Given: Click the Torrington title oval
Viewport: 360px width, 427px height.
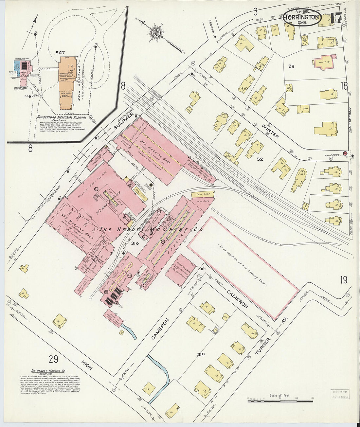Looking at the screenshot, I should [302, 18].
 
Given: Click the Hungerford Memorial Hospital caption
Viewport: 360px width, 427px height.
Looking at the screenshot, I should [62, 117].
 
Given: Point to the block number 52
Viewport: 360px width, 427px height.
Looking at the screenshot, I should [260, 159].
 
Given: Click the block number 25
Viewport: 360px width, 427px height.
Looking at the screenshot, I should [291, 66].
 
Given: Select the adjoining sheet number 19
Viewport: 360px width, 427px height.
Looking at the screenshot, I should [343, 280].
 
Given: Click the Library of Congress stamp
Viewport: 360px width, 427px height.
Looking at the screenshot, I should [339, 394].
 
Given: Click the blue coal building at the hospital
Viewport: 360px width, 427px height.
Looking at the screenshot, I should [17, 65].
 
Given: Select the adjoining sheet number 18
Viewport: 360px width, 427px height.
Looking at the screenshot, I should [344, 86].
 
